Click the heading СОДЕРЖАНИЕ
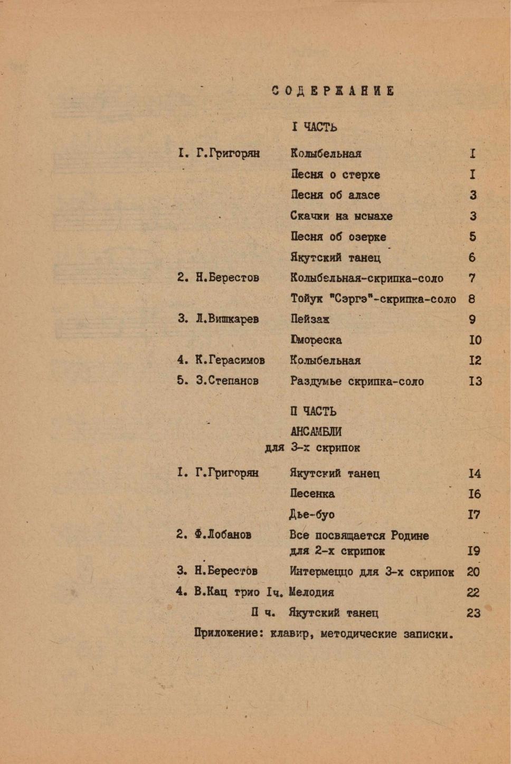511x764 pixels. [333, 91]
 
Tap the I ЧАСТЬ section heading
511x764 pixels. [314, 127]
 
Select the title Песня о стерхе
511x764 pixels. [335, 175]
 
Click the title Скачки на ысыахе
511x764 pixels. [341, 216]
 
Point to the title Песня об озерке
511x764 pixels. [338, 237]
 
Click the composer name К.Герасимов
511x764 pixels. [230, 361]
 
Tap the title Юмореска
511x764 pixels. [316, 340]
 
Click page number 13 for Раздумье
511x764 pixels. [475, 381]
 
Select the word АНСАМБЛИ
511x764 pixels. [316, 432]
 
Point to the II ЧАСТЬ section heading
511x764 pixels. [313, 411]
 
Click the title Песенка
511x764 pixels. [312, 494]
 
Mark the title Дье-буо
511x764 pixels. [311, 515]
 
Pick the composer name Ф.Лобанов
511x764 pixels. [222, 535]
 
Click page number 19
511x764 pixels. [474, 551]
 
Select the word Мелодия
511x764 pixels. [311, 592]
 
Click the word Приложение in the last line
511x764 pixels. [229, 634]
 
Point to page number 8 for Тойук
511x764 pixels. [471, 299]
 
